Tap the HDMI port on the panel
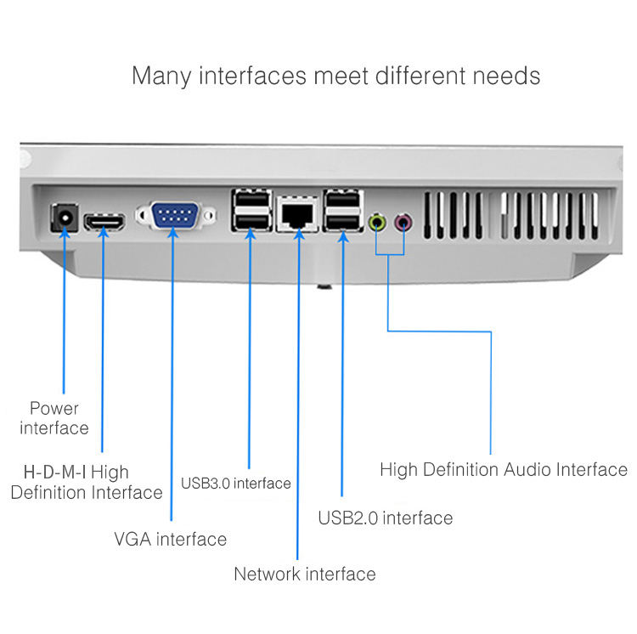(104, 223)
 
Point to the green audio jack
(378, 223)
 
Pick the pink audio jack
(403, 223)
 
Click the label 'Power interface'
(54, 418)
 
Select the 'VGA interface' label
(171, 539)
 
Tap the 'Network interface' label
(305, 574)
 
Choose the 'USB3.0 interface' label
(236, 484)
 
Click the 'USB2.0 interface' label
(386, 518)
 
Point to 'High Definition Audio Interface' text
(504, 469)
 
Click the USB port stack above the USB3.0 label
(250, 209)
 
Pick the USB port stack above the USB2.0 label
(343, 209)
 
